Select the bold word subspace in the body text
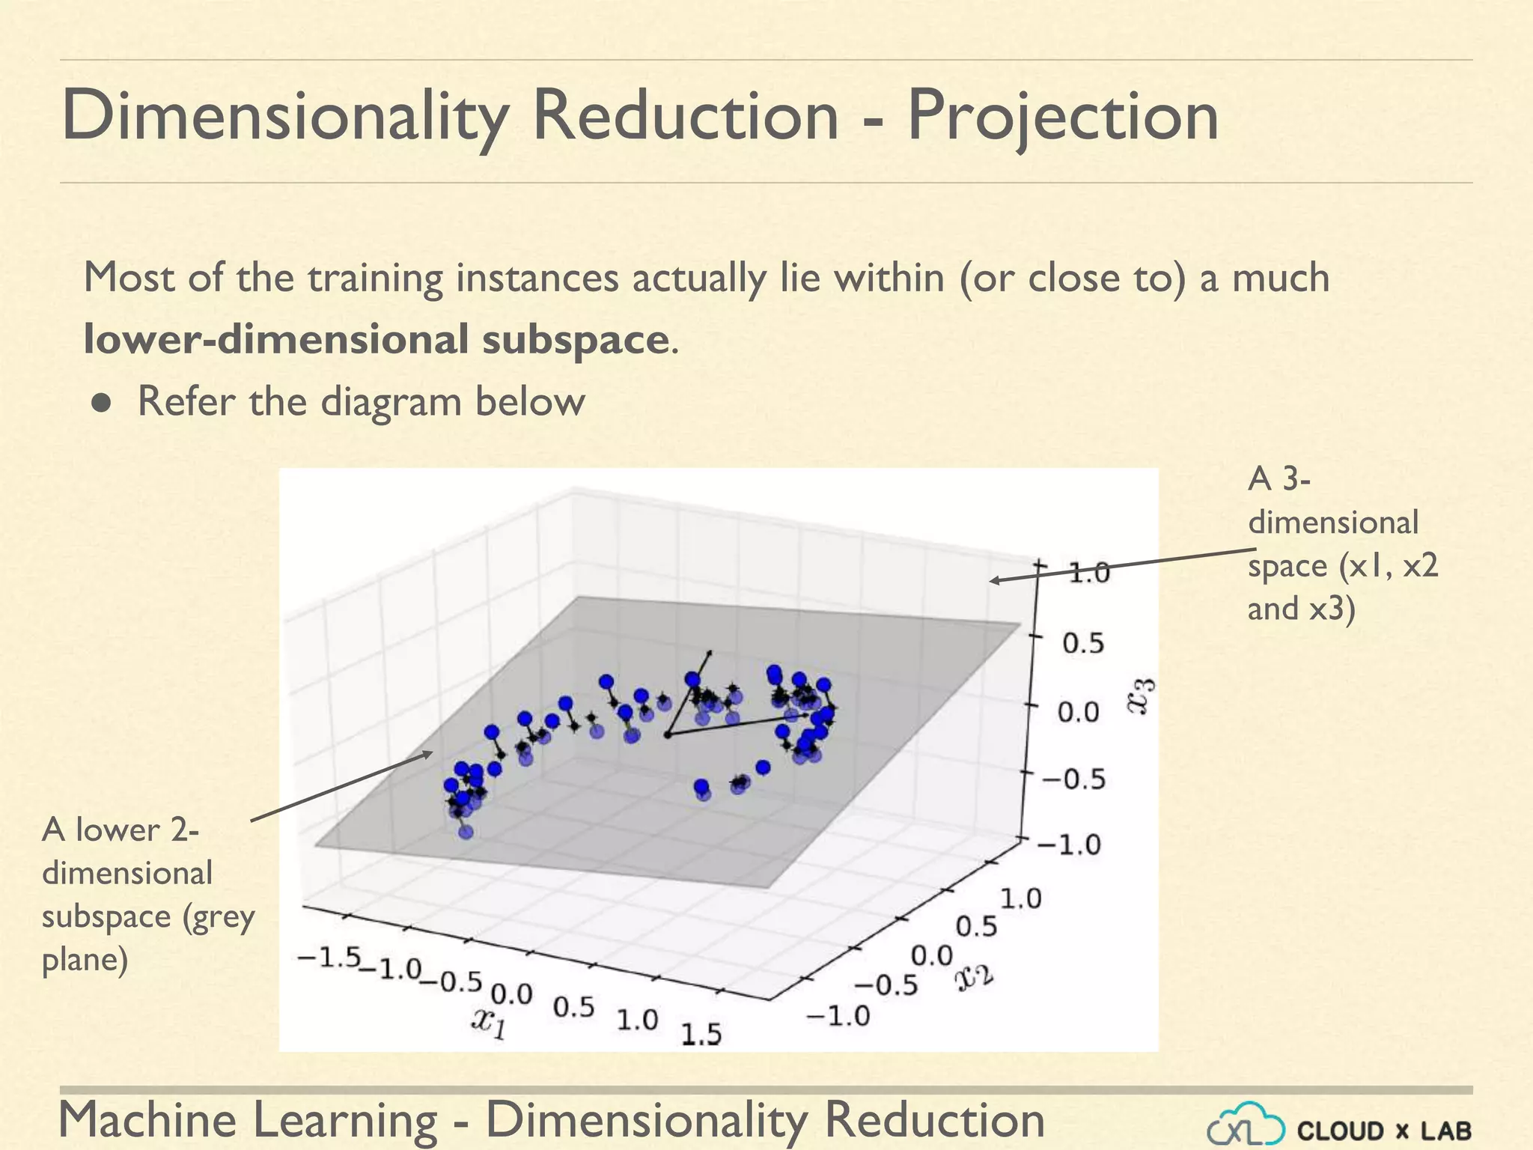point(575,340)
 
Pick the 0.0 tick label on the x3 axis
point(1079,712)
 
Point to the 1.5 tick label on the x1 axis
point(701,1035)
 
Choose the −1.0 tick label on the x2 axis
point(838,1016)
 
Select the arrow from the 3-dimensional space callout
point(1123,566)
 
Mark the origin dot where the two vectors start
point(667,735)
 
